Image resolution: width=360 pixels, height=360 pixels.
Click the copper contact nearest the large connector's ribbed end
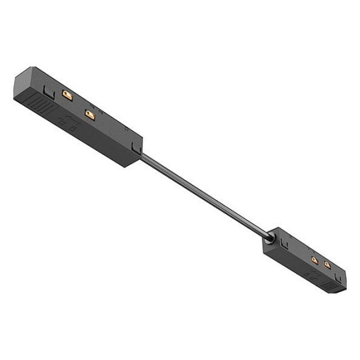[67, 93]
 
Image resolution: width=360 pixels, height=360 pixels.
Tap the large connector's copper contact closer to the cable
[88, 112]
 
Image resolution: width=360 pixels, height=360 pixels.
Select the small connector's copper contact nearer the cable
[314, 260]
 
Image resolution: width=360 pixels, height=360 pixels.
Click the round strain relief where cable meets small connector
[268, 242]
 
